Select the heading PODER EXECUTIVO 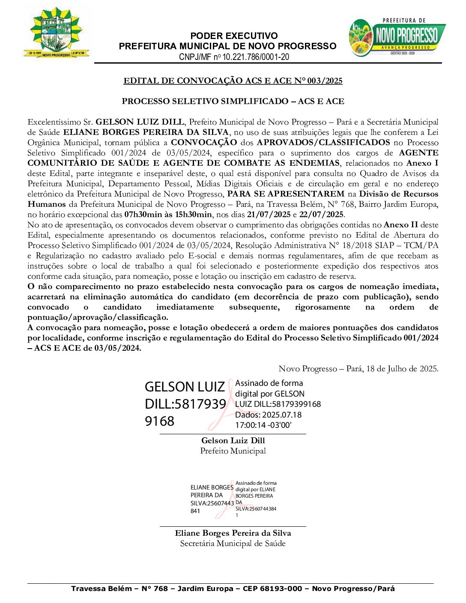(x=234, y=36)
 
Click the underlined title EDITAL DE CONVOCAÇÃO (x=233, y=81)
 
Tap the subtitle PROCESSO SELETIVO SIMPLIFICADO (x=233, y=101)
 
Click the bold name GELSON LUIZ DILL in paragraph (x=140, y=122)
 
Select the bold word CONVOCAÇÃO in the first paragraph (x=204, y=143)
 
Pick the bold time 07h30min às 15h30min (x=168, y=215)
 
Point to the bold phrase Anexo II (x=401, y=225)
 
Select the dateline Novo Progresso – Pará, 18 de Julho (x=358, y=369)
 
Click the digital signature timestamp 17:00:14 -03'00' (x=263, y=425)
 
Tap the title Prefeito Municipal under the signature (x=233, y=451)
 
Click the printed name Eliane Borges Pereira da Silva (x=233, y=533)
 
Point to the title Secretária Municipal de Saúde (x=233, y=543)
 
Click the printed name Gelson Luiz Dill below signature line (x=233, y=441)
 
